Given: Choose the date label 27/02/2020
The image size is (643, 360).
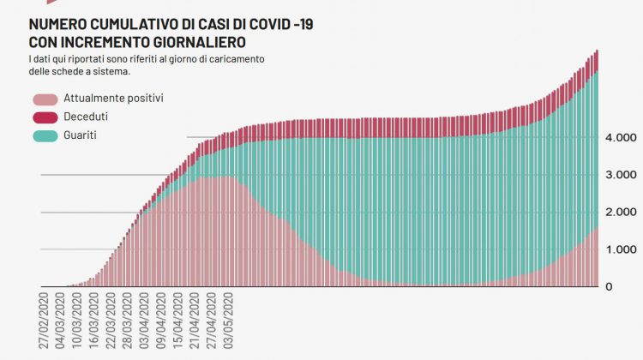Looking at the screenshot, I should pos(44,321).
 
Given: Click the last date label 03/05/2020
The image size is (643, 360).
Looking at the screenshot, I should pos(229,321).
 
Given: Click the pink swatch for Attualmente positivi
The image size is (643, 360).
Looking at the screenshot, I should pos(45,99).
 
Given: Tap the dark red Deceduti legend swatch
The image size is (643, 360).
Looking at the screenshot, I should pos(45,117).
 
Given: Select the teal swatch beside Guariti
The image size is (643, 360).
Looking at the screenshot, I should pos(45,135).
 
